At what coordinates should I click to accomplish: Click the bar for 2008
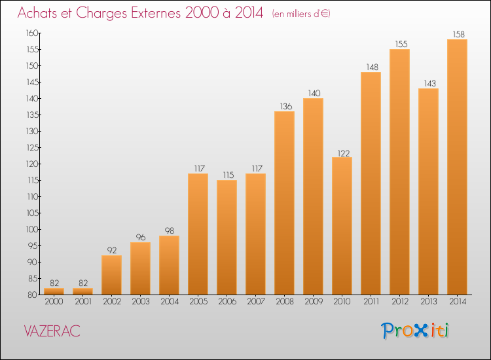pyautogui.click(x=284, y=203)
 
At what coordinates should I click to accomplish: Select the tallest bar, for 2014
pyautogui.click(x=457, y=167)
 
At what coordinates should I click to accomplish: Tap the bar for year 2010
pyautogui.click(x=342, y=226)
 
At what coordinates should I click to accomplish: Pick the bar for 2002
pyautogui.click(x=111, y=275)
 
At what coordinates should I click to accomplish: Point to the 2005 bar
pyautogui.click(x=198, y=234)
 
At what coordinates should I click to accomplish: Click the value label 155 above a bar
pyautogui.click(x=399, y=44)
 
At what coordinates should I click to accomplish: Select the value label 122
pyautogui.click(x=342, y=152)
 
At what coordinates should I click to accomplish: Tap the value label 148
pyautogui.click(x=371, y=67)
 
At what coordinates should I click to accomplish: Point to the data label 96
pyautogui.click(x=140, y=237)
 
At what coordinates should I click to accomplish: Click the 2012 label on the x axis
pyautogui.click(x=399, y=302)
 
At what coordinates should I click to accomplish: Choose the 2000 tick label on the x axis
pyautogui.click(x=54, y=302)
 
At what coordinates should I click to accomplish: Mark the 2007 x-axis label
pyautogui.click(x=255, y=302)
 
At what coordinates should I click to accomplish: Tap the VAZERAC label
pyautogui.click(x=52, y=331)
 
